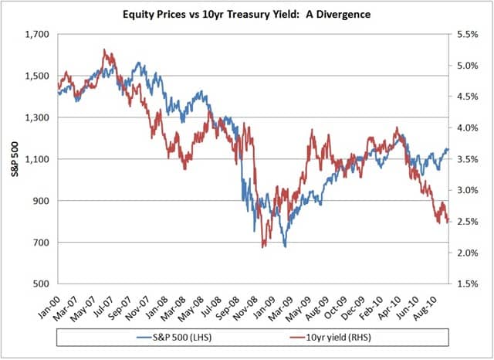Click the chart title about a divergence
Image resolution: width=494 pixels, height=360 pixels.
click(246, 13)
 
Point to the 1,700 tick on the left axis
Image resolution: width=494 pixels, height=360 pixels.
click(36, 35)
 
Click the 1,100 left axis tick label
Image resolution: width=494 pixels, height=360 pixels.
click(36, 159)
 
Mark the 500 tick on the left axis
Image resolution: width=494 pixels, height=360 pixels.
click(41, 284)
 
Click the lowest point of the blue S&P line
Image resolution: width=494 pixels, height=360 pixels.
click(285, 246)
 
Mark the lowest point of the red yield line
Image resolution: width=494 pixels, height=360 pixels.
click(264, 246)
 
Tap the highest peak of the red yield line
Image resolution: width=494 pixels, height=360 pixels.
click(105, 50)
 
